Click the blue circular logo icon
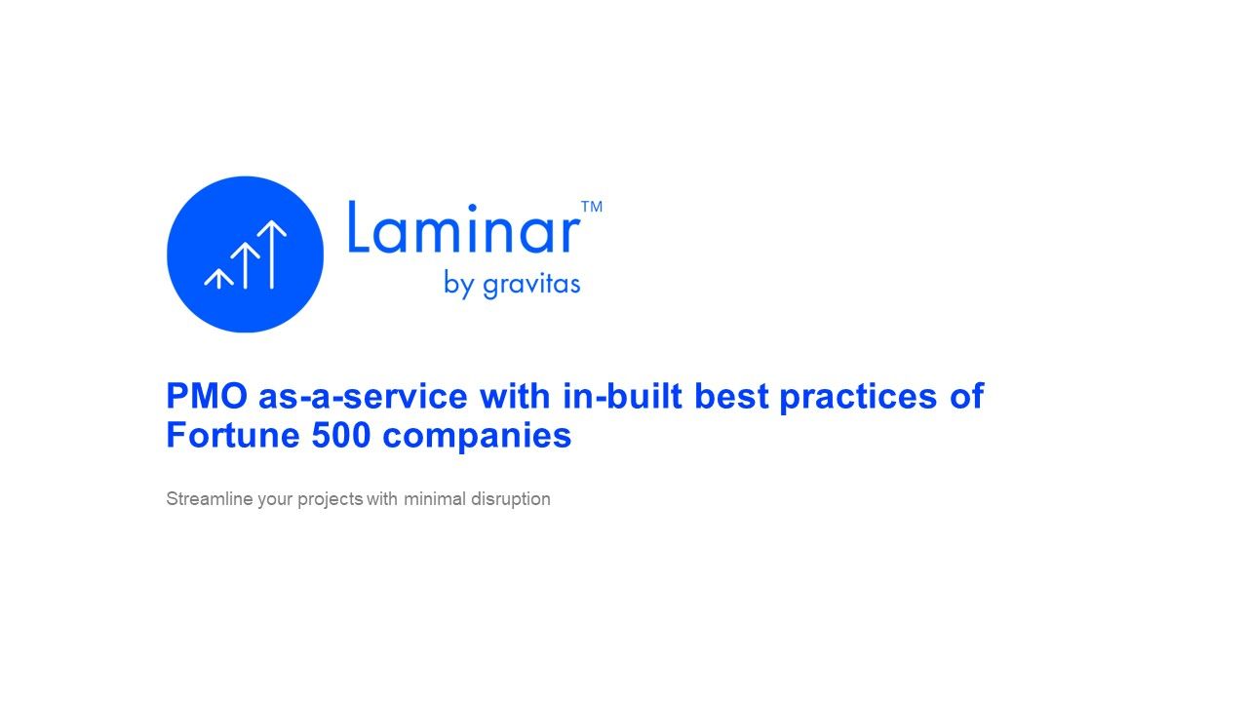click(245, 254)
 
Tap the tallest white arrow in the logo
click(272, 254)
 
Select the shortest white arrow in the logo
click(218, 279)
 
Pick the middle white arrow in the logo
click(245, 266)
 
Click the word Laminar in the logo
click(464, 227)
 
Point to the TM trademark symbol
click(592, 207)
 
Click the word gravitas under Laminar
click(531, 285)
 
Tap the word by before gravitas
click(459, 284)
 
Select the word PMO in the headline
click(207, 396)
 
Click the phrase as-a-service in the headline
click(363, 396)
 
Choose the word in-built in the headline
click(623, 396)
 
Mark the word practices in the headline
click(858, 397)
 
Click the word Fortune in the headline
click(233, 435)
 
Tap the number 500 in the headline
click(341, 435)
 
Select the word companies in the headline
click(477, 436)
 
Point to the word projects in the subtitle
click(330, 500)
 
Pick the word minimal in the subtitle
click(435, 498)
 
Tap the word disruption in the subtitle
click(510, 500)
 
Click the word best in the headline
click(731, 396)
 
